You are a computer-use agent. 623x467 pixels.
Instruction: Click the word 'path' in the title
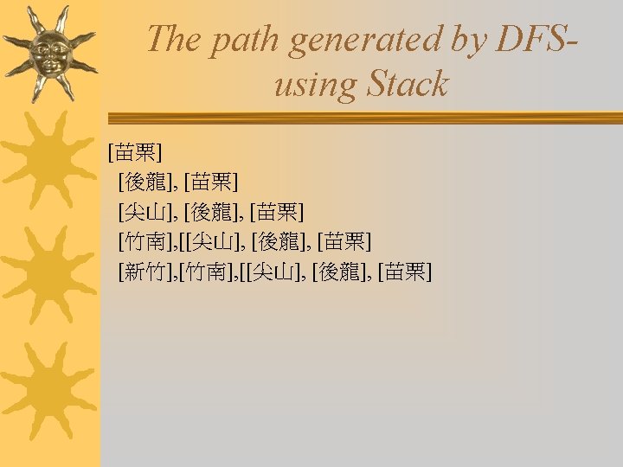(x=244, y=42)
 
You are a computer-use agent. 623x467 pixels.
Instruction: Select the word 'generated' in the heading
(x=365, y=42)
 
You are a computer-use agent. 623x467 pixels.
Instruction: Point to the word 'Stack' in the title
(x=408, y=84)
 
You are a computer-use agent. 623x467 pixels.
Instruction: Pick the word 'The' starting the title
(x=173, y=39)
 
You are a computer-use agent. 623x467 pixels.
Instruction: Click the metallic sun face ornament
(x=49, y=54)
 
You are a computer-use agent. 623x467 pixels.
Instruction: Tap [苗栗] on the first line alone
(x=135, y=152)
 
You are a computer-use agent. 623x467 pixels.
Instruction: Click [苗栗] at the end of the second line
(x=211, y=182)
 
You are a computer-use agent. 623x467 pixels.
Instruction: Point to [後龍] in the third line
(x=211, y=212)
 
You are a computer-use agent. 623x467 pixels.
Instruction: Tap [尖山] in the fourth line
(x=213, y=242)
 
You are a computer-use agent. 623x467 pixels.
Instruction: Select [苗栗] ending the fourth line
(x=344, y=242)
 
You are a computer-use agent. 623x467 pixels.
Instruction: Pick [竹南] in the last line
(x=206, y=272)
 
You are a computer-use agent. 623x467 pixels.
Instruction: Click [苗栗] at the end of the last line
(x=405, y=272)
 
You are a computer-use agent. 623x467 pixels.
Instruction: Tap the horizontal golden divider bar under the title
(x=365, y=118)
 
